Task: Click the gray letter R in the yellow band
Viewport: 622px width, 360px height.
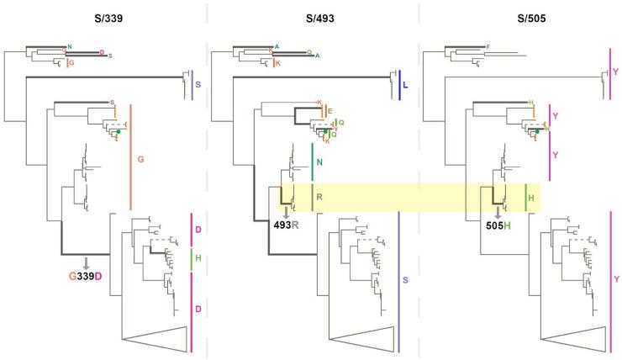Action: pyautogui.click(x=319, y=197)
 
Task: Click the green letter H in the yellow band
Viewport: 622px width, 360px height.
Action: pyautogui.click(x=531, y=197)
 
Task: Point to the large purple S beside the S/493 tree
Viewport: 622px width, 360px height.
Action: pyautogui.click(x=406, y=276)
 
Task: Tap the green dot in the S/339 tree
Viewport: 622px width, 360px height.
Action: pyautogui.click(x=119, y=133)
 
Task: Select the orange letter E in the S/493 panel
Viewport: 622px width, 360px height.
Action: pyautogui.click(x=330, y=111)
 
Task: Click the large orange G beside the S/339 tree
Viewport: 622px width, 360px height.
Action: pyautogui.click(x=140, y=157)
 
